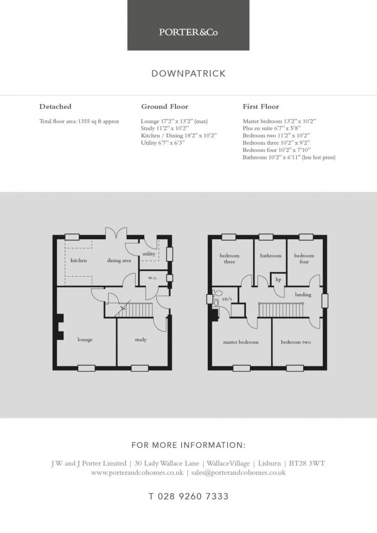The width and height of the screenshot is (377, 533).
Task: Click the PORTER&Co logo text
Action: tap(188, 32)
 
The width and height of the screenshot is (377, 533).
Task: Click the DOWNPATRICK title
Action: tap(188, 74)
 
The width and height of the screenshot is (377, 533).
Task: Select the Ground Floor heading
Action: tap(165, 107)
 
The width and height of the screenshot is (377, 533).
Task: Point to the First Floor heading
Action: tap(261, 107)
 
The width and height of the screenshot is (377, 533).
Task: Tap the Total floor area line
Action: tap(79, 121)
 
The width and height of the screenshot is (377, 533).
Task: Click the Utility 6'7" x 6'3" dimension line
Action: tap(163, 143)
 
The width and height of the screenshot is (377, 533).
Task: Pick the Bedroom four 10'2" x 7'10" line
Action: tap(277, 150)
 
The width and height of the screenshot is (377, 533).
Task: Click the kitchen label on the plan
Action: tap(79, 260)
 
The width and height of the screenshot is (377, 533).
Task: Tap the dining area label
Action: tap(119, 260)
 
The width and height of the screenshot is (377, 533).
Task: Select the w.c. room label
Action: tap(153, 278)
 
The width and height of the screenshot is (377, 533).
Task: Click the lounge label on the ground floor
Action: tap(85, 340)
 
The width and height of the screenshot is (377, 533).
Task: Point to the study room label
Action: tap(140, 340)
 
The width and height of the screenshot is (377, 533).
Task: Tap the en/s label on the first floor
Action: tap(227, 299)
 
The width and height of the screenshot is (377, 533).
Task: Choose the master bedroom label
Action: tap(241, 342)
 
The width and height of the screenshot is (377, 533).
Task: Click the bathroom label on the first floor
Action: tap(271, 256)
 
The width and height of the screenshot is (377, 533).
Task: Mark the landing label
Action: tap(303, 295)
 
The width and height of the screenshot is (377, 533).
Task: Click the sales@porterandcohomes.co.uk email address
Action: tap(238, 473)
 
